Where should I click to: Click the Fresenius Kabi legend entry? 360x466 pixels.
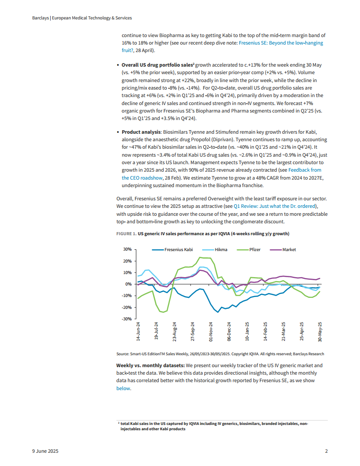point(177,250)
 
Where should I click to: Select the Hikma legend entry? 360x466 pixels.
point(221,250)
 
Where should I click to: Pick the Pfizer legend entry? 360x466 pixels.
point(255,250)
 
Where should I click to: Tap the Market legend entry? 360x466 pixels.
point(289,250)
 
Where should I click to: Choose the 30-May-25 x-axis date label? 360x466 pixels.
point(320,332)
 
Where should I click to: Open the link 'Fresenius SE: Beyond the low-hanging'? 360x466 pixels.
point(281,43)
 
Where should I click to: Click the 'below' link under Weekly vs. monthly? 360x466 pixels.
point(123,388)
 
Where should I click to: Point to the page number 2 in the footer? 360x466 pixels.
point(326,451)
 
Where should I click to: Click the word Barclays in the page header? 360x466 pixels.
point(41,18)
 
